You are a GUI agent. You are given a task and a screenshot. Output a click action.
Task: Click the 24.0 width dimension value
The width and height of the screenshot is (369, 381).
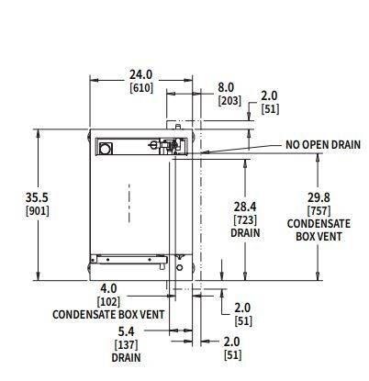tap(140, 74)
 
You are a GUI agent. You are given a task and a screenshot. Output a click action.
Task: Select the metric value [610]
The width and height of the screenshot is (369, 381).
tap(141, 88)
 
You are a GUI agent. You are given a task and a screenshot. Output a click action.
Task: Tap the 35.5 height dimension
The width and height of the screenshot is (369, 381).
tap(37, 197)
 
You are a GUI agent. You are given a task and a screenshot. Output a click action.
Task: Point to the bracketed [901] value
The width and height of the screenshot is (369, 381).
tap(38, 211)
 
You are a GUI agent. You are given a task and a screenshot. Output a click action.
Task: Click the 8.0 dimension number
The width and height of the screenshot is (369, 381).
tap(226, 87)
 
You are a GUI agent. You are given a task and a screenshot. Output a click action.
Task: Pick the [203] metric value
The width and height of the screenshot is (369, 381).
tap(229, 101)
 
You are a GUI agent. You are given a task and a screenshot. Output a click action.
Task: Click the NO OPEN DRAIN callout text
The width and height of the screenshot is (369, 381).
tap(323, 144)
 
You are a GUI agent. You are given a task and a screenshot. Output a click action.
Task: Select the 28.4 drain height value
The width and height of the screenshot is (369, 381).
tap(245, 207)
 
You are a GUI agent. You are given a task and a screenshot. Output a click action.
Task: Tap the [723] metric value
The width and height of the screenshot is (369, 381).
tap(245, 219)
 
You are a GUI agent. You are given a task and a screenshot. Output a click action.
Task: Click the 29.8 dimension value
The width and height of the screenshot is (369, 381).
tap(319, 197)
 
